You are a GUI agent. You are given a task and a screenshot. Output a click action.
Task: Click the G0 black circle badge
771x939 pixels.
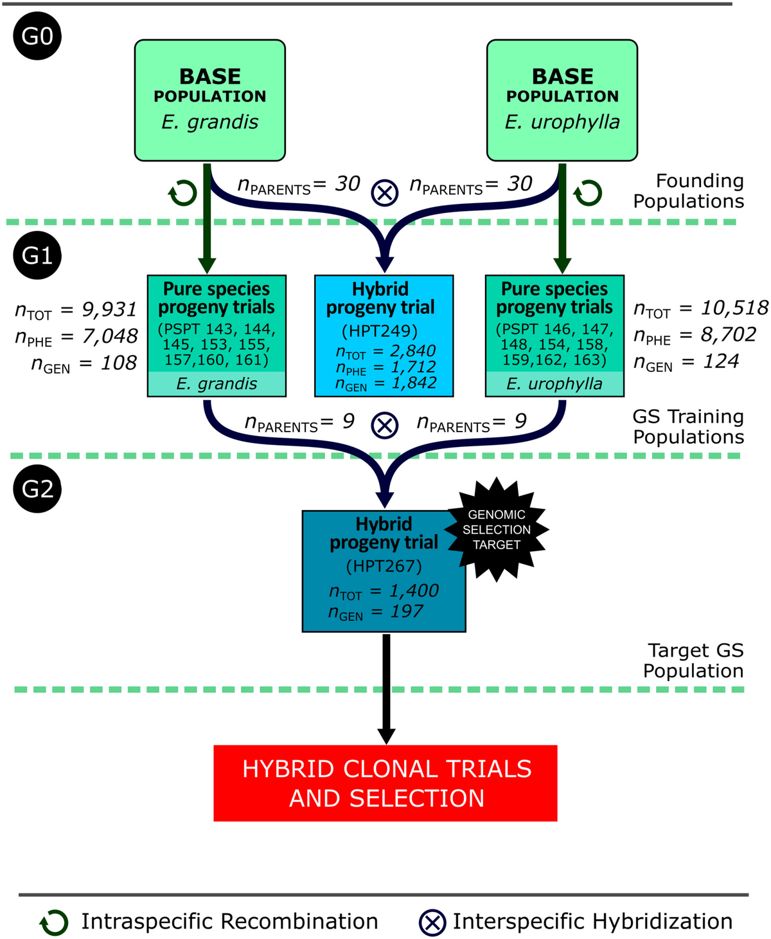point(37,36)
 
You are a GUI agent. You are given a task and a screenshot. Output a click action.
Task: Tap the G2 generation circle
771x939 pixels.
point(37,489)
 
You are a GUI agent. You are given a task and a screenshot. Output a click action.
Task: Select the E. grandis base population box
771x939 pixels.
point(209,100)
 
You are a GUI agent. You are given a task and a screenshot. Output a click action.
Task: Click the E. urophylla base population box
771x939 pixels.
point(562,100)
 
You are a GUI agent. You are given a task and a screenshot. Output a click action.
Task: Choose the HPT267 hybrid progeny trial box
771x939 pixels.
point(384,571)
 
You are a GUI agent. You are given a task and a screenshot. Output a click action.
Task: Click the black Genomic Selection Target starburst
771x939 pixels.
point(497,530)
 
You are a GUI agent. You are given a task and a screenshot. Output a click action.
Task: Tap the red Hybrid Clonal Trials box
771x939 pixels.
point(385,783)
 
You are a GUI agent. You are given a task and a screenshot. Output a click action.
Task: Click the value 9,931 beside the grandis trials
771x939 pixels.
point(109,309)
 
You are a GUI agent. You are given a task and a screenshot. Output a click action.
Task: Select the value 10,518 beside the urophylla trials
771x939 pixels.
point(734,308)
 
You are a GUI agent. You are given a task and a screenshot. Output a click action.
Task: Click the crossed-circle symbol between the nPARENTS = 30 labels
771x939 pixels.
point(384,192)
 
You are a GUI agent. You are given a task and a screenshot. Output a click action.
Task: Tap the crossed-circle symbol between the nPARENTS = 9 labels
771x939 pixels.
point(385,425)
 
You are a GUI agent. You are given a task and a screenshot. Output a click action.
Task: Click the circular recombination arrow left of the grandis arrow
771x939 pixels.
point(182,192)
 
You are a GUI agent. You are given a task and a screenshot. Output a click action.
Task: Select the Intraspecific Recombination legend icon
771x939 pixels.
point(54,922)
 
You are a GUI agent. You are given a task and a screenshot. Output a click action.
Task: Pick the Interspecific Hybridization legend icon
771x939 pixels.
point(432,922)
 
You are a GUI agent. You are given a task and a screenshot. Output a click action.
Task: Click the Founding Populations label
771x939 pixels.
point(689,191)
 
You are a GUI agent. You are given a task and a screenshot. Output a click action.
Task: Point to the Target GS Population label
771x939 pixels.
point(693,661)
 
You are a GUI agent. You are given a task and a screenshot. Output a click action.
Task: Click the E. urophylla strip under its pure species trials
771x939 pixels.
point(554,384)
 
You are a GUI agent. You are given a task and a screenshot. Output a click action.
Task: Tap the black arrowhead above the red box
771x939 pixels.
point(386,735)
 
